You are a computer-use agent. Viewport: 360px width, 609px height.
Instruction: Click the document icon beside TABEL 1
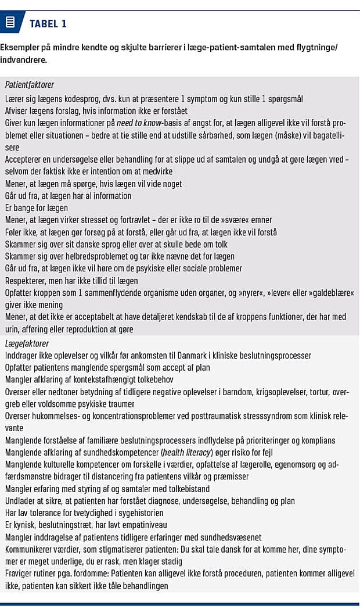point(10,23)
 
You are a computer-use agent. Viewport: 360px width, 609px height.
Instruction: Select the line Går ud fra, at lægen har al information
point(69,196)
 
